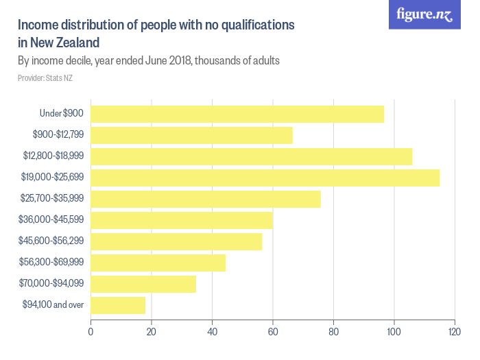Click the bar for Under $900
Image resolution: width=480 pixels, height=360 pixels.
pyautogui.click(x=237, y=114)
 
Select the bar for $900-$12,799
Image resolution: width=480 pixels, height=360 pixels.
pyautogui.click(x=191, y=135)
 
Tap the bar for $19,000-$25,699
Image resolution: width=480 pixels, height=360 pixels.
pyautogui.click(x=265, y=178)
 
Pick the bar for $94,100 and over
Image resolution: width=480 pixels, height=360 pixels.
pyautogui.click(x=118, y=305)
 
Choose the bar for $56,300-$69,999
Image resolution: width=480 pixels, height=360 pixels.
pyautogui.click(x=158, y=263)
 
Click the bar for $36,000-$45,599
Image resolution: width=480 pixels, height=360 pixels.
pyautogui.click(x=182, y=220)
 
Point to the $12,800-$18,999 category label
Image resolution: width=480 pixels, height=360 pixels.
pyautogui.click(x=52, y=156)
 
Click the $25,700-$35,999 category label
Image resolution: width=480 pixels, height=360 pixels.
pyautogui.click(x=52, y=199)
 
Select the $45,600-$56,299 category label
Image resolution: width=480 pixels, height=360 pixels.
pyautogui.click(x=52, y=241)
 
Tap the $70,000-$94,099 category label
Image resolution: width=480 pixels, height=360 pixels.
pyautogui.click(x=52, y=284)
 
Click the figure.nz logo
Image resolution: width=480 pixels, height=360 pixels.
pyautogui.click(x=425, y=15)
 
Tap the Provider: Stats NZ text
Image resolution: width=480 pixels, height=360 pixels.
pyautogui.click(x=45, y=78)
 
